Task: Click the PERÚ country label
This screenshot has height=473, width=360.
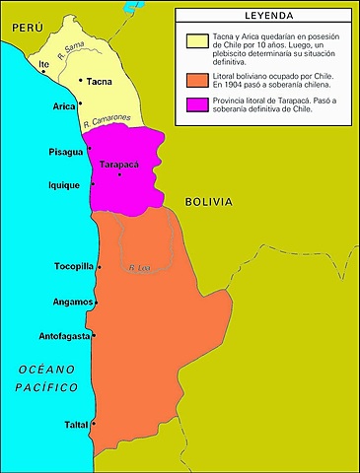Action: (23, 31)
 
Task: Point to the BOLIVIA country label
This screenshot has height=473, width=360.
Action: (209, 201)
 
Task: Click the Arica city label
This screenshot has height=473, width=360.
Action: (63, 105)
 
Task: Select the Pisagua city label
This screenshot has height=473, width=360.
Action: (66, 152)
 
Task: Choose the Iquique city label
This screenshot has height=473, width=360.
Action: (66, 184)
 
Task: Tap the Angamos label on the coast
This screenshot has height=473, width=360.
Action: (72, 302)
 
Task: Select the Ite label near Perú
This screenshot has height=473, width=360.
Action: (43, 64)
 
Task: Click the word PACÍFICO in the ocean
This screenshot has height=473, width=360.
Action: (46, 387)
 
